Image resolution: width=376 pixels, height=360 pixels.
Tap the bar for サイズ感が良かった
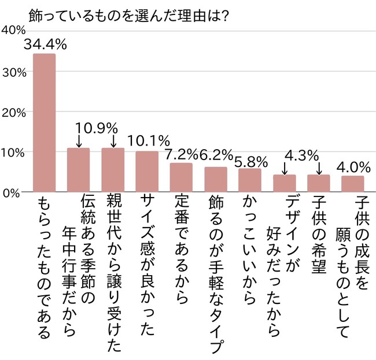(x=147, y=172)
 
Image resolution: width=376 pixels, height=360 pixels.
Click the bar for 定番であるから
(x=181, y=177)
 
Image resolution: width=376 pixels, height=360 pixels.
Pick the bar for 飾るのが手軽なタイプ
(x=216, y=180)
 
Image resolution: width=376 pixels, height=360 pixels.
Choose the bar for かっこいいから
(x=250, y=180)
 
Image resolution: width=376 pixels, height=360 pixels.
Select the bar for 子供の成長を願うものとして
(x=352, y=184)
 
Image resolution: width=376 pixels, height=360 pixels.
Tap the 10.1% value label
(x=148, y=140)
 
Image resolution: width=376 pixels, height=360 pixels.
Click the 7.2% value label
(x=182, y=154)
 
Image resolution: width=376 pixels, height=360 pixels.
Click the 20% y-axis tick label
(x=12, y=112)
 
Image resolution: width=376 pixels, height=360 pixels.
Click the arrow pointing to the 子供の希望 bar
(x=318, y=168)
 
